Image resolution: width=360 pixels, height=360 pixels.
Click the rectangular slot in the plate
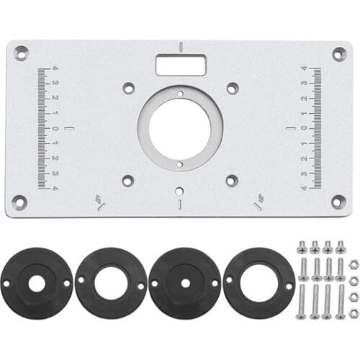(181, 65)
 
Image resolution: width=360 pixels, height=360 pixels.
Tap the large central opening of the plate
(180, 128)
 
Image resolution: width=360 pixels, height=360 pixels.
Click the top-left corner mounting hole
(22, 53)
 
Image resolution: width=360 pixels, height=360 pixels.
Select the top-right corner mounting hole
(338, 53)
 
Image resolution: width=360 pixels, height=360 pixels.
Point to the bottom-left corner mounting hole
(19, 202)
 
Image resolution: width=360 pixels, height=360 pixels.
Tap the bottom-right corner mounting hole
(338, 201)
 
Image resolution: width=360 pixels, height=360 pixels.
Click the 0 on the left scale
(55, 129)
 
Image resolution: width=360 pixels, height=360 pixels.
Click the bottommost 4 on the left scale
(55, 189)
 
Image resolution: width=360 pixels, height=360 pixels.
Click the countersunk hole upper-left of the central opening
(129, 88)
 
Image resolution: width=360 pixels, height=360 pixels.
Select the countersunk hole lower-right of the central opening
(232, 181)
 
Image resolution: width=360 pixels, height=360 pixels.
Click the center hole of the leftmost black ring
(36, 284)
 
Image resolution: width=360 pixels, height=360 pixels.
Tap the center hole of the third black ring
(185, 284)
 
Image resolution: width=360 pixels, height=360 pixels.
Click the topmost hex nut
(354, 265)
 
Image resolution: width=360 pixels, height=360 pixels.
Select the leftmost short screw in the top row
(302, 248)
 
